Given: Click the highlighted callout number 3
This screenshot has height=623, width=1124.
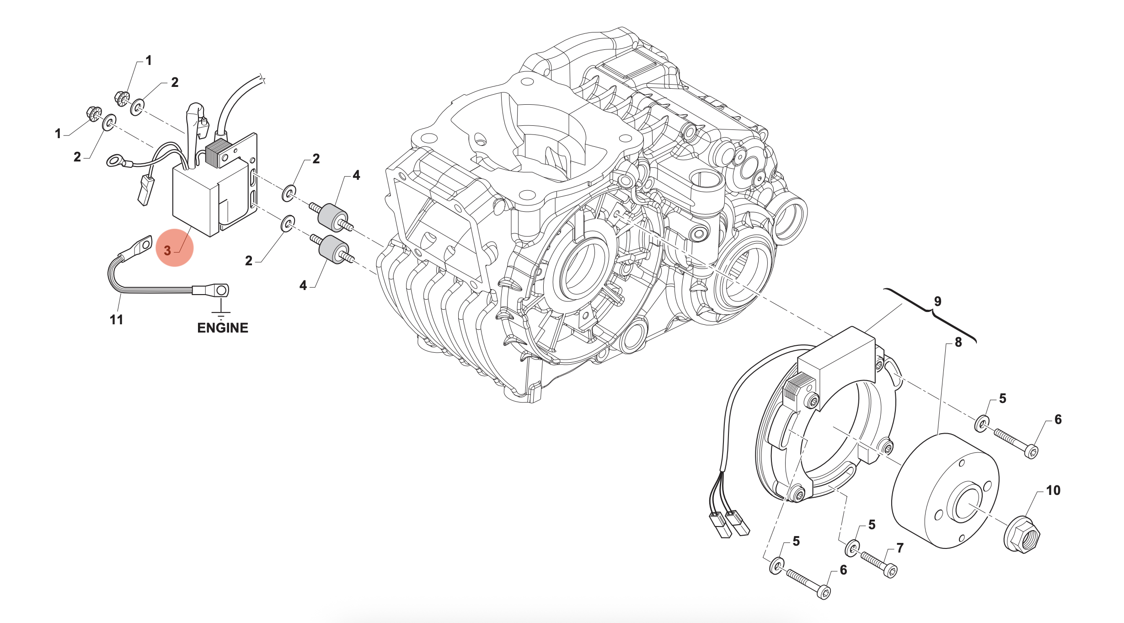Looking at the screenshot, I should tap(168, 250).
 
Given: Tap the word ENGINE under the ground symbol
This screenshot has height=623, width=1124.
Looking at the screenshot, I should tap(222, 328).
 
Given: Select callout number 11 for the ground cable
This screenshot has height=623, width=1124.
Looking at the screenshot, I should tap(116, 320).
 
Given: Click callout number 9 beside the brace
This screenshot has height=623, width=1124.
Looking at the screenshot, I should tap(937, 301).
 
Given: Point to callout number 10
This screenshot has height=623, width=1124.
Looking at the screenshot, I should tap(1053, 490).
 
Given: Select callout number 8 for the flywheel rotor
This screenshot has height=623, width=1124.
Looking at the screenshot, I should tap(958, 342).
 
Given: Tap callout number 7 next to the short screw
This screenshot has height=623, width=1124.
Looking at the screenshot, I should tap(899, 548).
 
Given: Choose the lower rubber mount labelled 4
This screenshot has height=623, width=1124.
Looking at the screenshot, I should tap(333, 249).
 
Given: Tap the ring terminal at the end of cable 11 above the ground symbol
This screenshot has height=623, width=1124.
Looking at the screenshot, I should tap(221, 290).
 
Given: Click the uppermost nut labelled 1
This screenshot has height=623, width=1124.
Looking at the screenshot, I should tap(122, 98).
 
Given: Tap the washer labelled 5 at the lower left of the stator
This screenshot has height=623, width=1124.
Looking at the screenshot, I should tap(776, 566).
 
